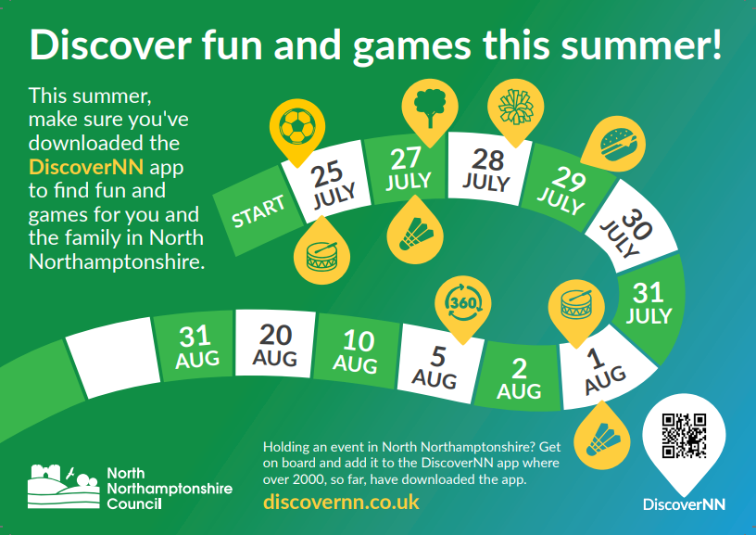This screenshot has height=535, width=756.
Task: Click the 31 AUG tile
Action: (195, 346)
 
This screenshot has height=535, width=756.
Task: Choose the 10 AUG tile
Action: (357, 351)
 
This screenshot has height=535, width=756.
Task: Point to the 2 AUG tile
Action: (519, 377)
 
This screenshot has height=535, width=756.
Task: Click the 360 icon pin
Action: (463, 310)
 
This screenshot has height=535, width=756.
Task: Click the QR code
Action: (684, 436)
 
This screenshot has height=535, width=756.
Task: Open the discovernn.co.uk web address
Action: (341, 502)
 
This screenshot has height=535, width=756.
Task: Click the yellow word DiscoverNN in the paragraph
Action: (86, 167)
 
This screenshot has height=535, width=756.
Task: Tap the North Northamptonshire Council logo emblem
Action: (64, 486)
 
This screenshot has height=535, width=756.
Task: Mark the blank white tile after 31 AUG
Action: (113, 358)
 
